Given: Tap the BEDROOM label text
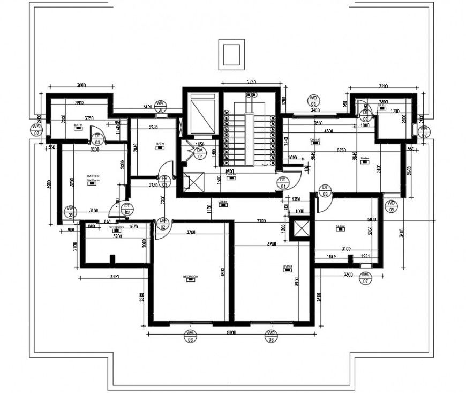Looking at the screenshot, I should [190, 277].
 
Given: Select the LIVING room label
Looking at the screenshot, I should [287, 266].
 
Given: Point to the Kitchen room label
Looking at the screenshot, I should [340, 226].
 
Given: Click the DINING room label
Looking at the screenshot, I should [315, 140].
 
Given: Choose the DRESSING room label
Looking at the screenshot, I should [116, 227].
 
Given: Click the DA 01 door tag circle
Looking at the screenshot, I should [200, 153].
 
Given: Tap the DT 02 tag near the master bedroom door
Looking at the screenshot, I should [127, 209].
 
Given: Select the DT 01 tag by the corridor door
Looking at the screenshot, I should [282, 182].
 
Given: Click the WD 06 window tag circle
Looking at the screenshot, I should [392, 206].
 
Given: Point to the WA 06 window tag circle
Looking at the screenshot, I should [70, 211].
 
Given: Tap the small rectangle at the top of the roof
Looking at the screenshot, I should [231, 54].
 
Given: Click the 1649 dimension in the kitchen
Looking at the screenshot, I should [332, 256].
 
